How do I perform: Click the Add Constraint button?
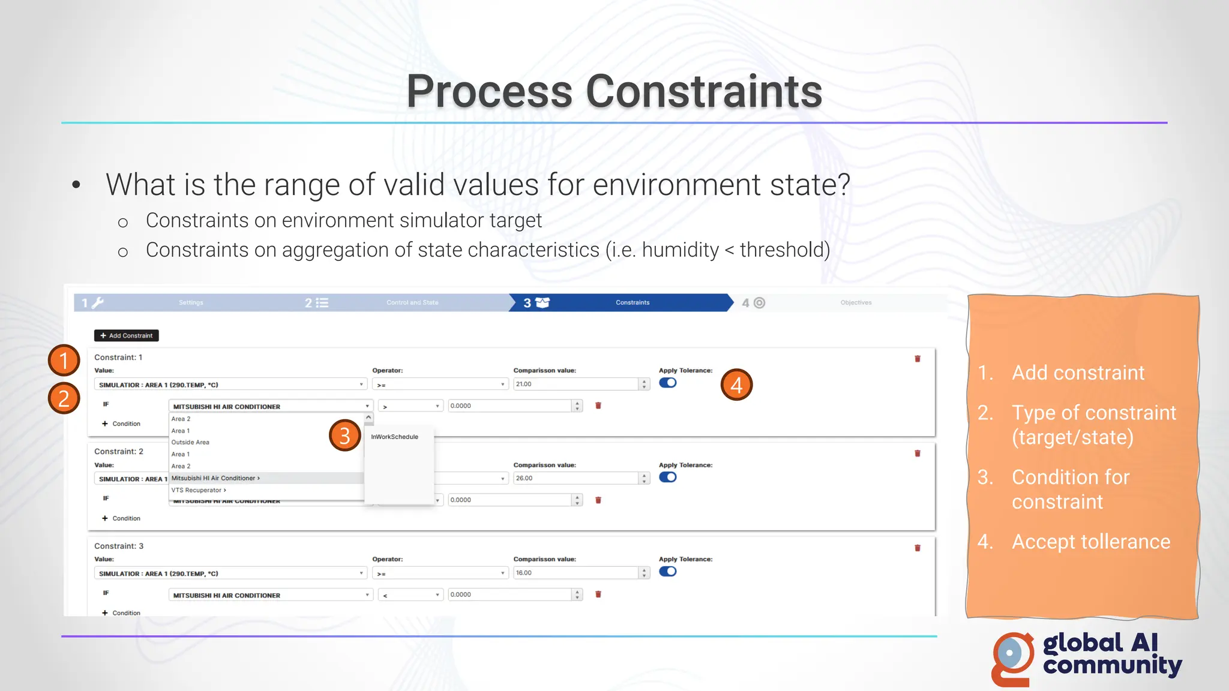pyautogui.click(x=127, y=336)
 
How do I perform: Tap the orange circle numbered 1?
pyautogui.click(x=64, y=360)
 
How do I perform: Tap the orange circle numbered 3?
pyautogui.click(x=344, y=435)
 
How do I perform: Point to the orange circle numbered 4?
pyautogui.click(x=736, y=384)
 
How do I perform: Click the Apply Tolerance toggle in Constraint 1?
pyautogui.click(x=667, y=383)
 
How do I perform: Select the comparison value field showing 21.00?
pyautogui.click(x=576, y=384)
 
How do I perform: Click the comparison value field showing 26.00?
pyautogui.click(x=576, y=478)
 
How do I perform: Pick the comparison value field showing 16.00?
pyautogui.click(x=576, y=573)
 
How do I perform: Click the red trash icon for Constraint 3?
pyautogui.click(x=917, y=548)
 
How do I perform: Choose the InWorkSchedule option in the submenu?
pyautogui.click(x=394, y=437)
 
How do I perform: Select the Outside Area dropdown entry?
pyautogui.click(x=190, y=442)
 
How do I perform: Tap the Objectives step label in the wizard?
pyautogui.click(x=856, y=303)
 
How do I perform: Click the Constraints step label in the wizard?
pyautogui.click(x=633, y=303)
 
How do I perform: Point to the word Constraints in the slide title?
pyautogui.click(x=703, y=92)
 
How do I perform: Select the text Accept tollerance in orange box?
pyautogui.click(x=1090, y=542)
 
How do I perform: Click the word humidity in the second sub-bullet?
pyautogui.click(x=680, y=250)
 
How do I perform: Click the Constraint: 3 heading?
pyautogui.click(x=119, y=546)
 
